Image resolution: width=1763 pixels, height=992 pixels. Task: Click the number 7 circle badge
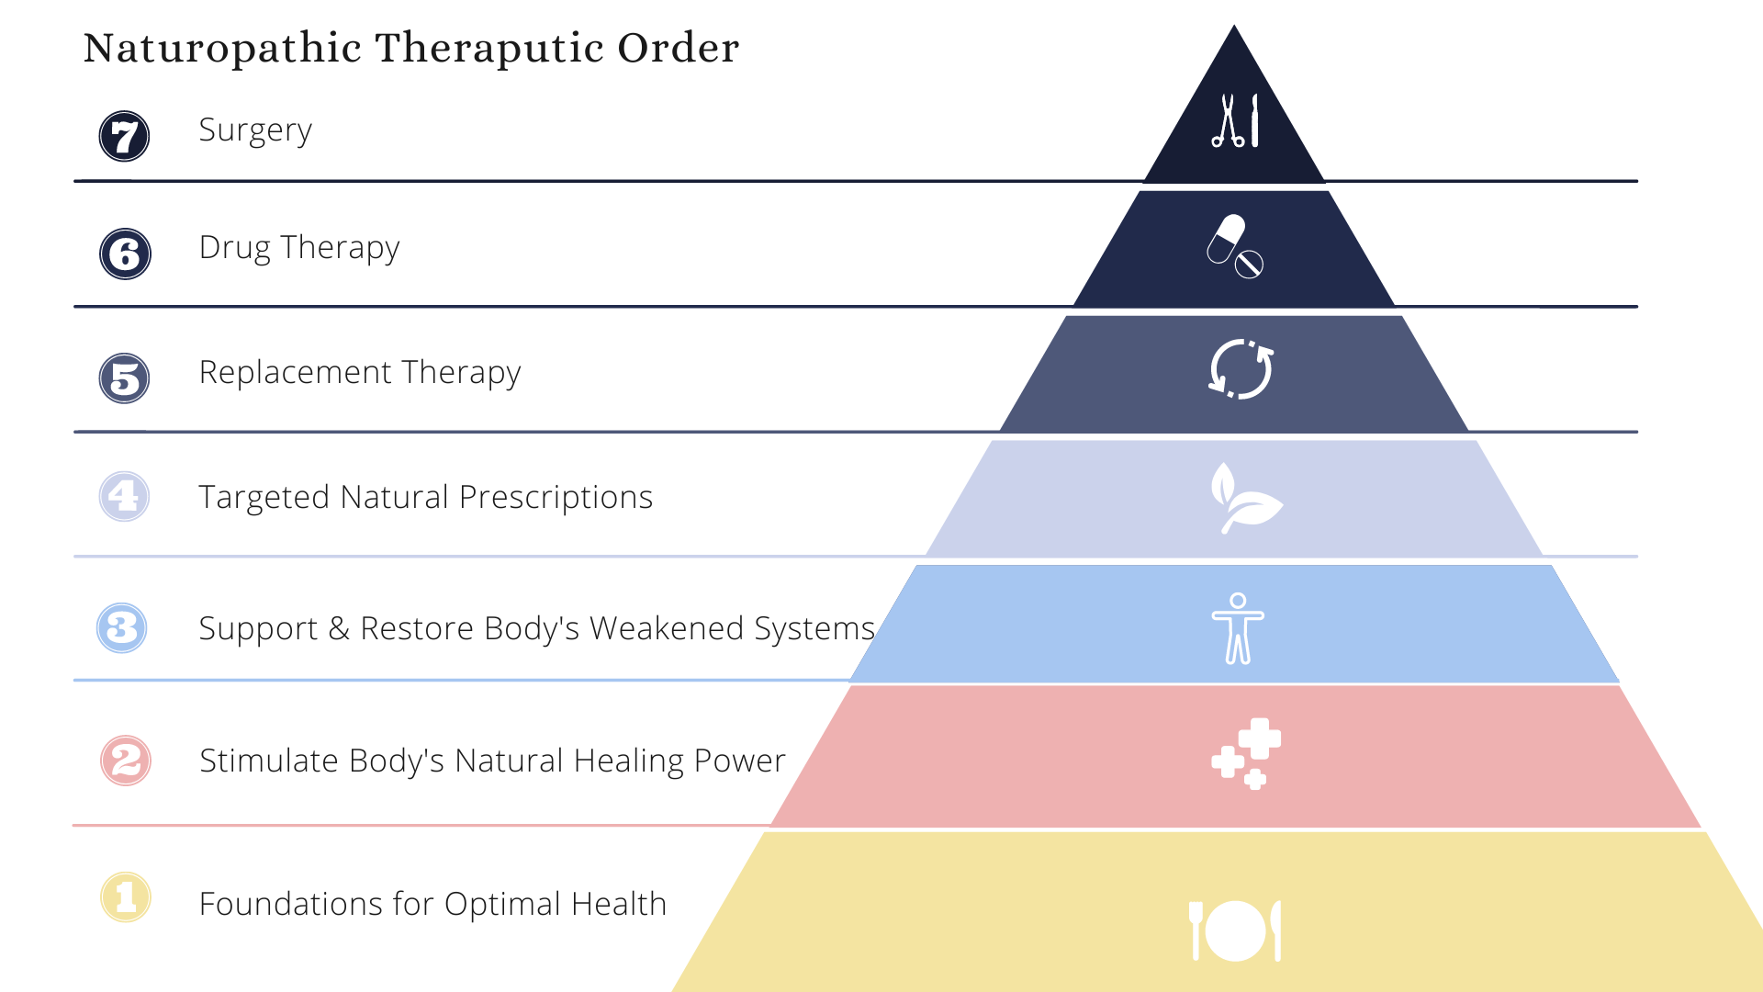pos(124,136)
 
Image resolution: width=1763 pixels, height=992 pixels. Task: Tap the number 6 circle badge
pos(125,254)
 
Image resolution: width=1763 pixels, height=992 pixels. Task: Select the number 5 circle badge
pos(124,378)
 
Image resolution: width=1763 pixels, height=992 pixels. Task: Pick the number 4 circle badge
pos(124,496)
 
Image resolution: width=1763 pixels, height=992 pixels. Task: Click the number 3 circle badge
pos(122,628)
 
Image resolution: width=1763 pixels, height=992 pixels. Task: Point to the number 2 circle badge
pos(126,761)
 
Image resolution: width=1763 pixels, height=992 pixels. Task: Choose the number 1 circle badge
pos(126,897)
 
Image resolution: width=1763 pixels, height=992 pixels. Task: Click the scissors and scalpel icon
pos(1235,121)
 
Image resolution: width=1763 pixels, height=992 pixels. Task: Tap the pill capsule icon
pos(1235,246)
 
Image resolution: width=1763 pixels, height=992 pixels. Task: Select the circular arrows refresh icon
pos(1241,369)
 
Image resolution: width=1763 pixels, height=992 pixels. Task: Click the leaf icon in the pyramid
pos(1244,499)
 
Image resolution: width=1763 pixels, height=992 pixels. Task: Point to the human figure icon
pos(1238,628)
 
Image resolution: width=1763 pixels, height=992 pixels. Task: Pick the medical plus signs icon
pos(1247,754)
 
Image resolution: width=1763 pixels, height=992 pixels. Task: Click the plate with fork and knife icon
pos(1235,930)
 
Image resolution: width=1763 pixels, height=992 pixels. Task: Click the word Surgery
pos(255,130)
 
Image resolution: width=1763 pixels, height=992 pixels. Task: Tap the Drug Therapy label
pos(299,248)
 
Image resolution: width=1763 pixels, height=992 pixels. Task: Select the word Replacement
pos(295,372)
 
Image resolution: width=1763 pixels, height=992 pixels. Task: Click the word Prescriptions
pos(556,497)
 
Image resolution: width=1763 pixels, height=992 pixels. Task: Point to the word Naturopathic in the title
pos(222,48)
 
